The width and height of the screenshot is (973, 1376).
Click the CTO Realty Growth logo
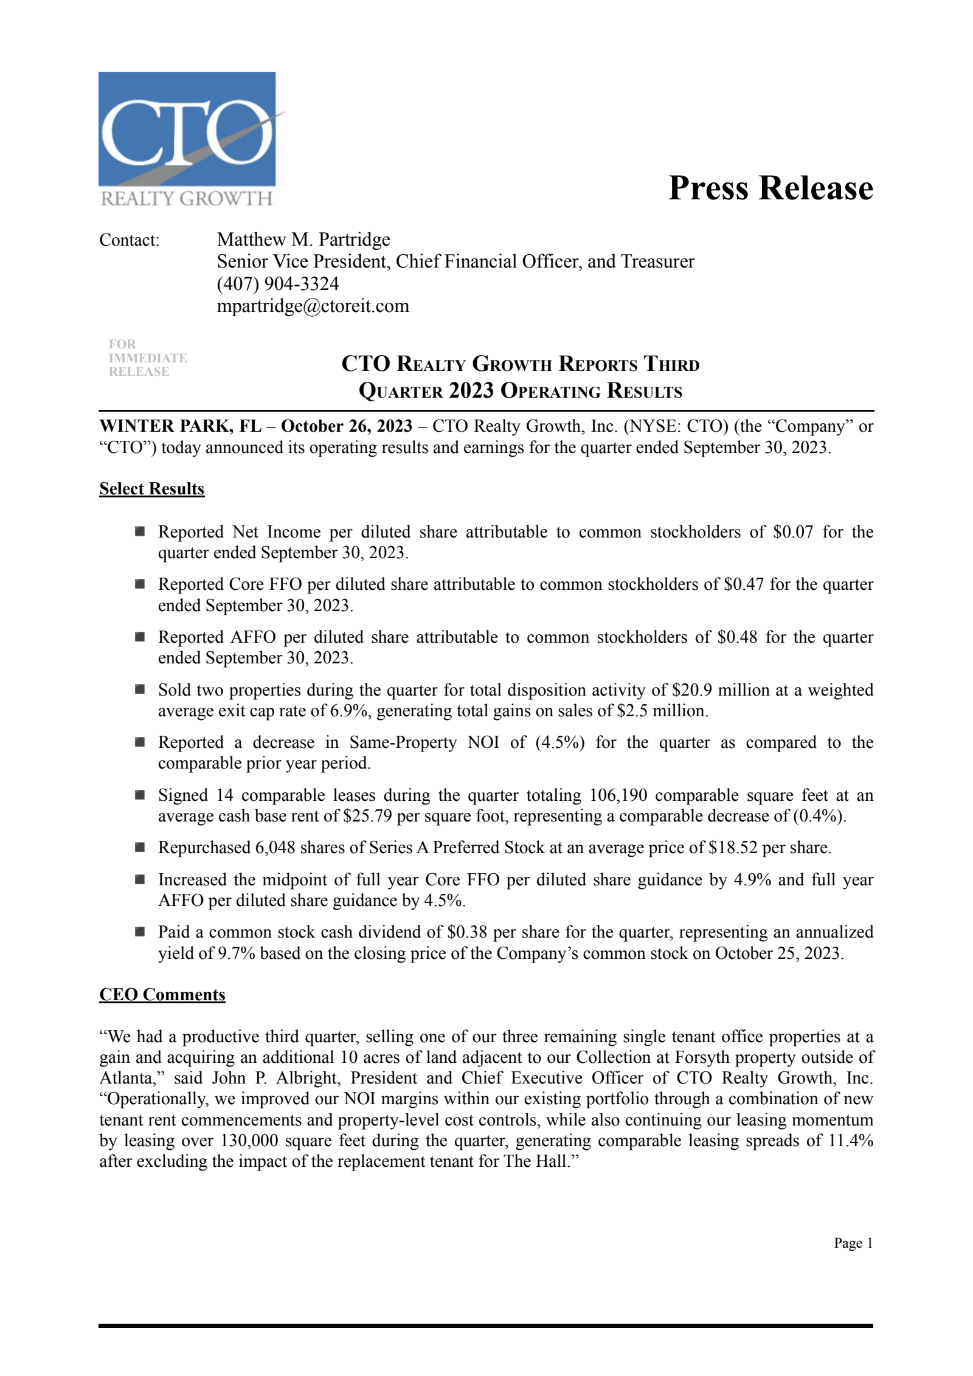pos(187,139)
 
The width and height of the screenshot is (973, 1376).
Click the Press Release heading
pos(770,187)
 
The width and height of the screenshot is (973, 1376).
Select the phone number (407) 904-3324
pos(278,284)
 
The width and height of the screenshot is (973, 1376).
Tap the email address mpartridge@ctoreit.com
pos(313,306)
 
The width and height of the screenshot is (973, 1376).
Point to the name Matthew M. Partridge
pos(303,240)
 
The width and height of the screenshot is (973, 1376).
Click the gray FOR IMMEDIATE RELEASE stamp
pos(147,358)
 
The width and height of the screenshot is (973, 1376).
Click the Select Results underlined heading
pos(151,489)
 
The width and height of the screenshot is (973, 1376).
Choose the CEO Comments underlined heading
pos(162,994)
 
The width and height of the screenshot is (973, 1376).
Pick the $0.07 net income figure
pos(792,532)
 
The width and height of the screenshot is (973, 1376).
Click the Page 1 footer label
pos(853,1243)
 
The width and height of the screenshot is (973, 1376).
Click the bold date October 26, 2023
pos(346,426)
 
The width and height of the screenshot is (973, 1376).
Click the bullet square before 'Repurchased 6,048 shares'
pos(140,847)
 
